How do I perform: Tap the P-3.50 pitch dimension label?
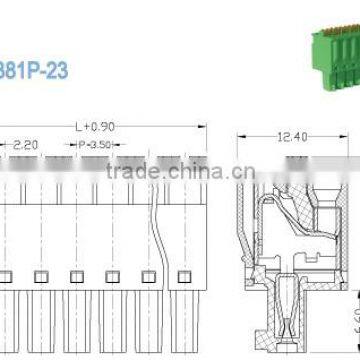(x=95, y=146)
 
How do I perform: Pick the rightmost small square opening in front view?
(x=181, y=276)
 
